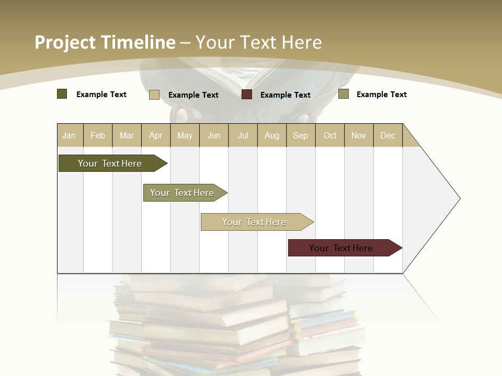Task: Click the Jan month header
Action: pyautogui.click(x=70, y=135)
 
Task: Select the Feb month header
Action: pyautogui.click(x=98, y=135)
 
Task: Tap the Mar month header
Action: pyautogui.click(x=127, y=135)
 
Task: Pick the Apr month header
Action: pyautogui.click(x=156, y=135)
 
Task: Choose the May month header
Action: pyautogui.click(x=185, y=135)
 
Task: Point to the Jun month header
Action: pyautogui.click(x=214, y=135)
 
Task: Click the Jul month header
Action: pyautogui.click(x=243, y=135)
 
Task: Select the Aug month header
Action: pyautogui.click(x=272, y=135)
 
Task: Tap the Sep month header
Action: pyautogui.click(x=301, y=135)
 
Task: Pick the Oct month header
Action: pyautogui.click(x=330, y=135)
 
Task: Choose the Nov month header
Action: pyautogui.click(x=359, y=135)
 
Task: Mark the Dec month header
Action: pyautogui.click(x=388, y=135)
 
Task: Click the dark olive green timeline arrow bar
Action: pyautogui.click(x=110, y=163)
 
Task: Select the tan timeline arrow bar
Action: pyautogui.click(x=254, y=222)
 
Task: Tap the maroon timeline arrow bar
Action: pyautogui.click(x=341, y=248)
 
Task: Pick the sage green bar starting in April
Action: pyautogui.click(x=182, y=193)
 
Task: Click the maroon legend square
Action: pyautogui.click(x=247, y=95)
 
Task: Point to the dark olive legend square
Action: pyautogui.click(x=62, y=94)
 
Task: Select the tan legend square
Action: pyautogui.click(x=154, y=95)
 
